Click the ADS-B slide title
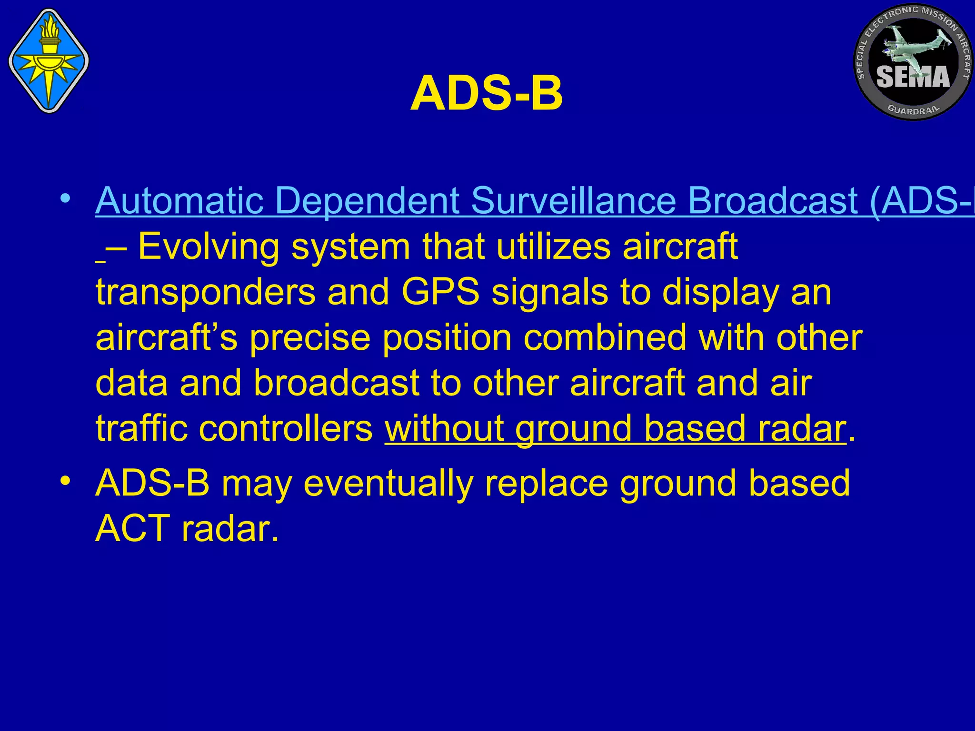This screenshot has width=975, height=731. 487,94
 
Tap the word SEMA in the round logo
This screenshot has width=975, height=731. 913,77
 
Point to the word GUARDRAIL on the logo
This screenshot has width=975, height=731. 914,109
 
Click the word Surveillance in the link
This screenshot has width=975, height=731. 573,201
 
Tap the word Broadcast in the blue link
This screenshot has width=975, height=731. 773,201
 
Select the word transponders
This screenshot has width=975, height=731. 205,293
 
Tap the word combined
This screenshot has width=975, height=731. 605,337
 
